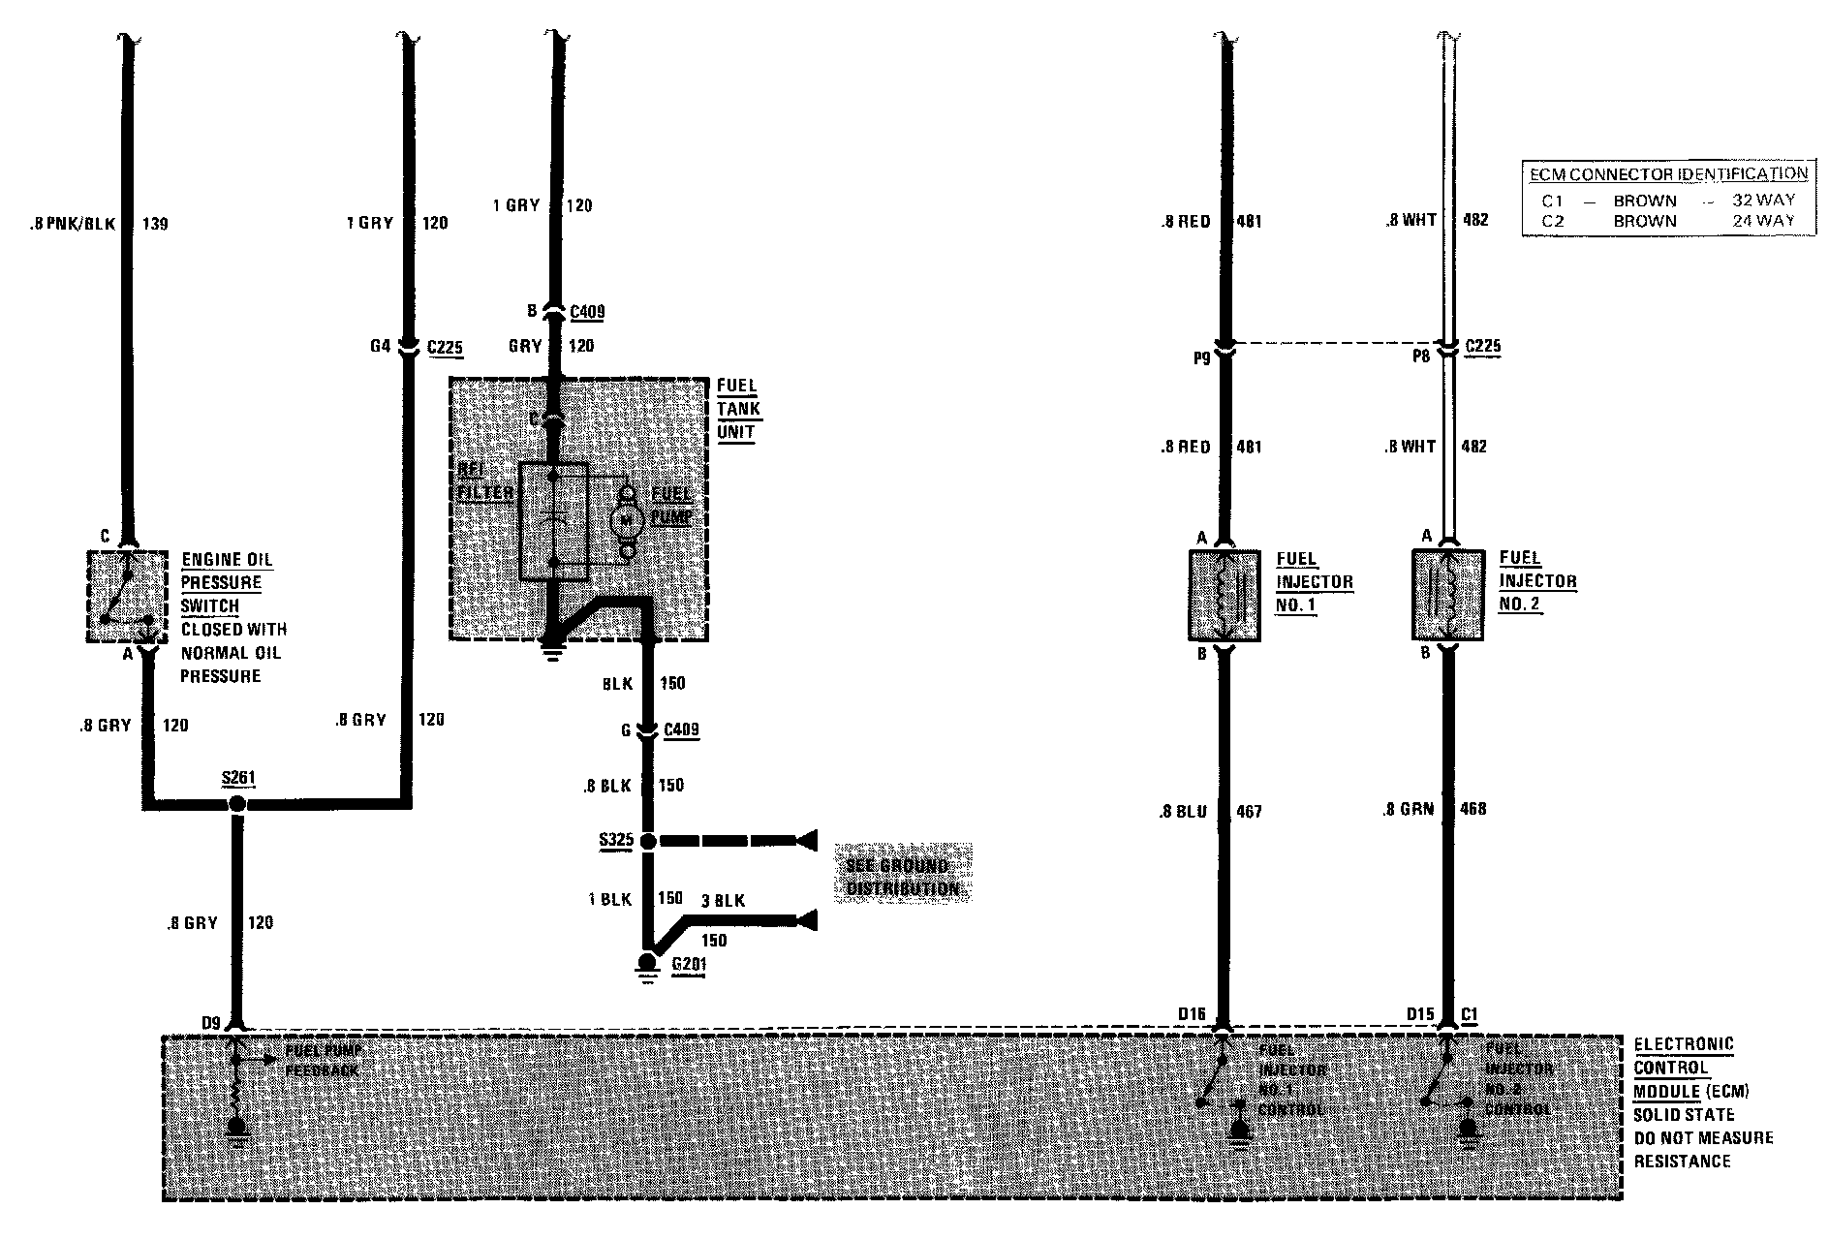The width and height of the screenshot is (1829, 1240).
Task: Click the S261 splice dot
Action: [x=237, y=804]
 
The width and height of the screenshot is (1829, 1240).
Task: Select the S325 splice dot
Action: [x=647, y=840]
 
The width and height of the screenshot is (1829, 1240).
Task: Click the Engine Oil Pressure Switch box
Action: [x=127, y=596]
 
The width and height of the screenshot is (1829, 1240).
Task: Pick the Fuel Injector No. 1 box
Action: [x=1224, y=595]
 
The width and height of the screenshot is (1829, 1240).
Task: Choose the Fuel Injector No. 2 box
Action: [x=1447, y=595]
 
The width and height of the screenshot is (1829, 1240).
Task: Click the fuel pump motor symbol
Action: [x=626, y=520]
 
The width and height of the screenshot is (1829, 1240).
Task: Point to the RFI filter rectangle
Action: [x=553, y=521]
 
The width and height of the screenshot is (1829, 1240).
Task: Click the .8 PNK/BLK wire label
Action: [x=73, y=225]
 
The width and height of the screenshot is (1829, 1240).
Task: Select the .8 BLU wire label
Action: [x=1183, y=812]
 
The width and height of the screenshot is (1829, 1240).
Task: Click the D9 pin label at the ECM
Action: [x=212, y=1021]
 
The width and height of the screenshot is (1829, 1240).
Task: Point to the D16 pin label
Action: [x=1192, y=1014]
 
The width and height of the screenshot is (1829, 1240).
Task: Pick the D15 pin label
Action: [x=1420, y=1014]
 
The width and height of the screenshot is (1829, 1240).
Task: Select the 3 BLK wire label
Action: [x=723, y=901]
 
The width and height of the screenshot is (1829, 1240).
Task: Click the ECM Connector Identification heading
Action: [x=1667, y=174]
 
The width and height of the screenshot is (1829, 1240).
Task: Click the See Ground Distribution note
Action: [x=902, y=877]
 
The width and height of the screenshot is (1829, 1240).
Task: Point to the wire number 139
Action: [x=155, y=225]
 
